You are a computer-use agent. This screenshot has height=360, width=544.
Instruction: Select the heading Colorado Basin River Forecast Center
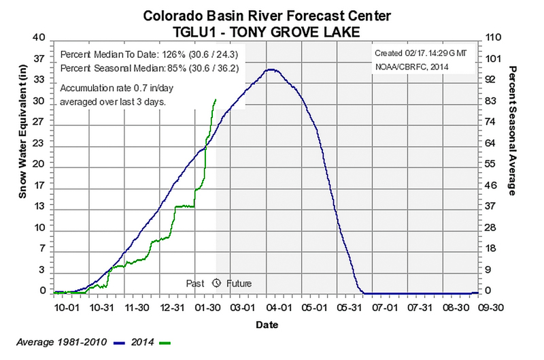271,13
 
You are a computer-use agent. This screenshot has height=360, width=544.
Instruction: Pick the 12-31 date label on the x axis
173,307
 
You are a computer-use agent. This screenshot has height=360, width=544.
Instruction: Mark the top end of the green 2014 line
216,99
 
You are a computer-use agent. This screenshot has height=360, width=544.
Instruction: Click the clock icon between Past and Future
217,282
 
